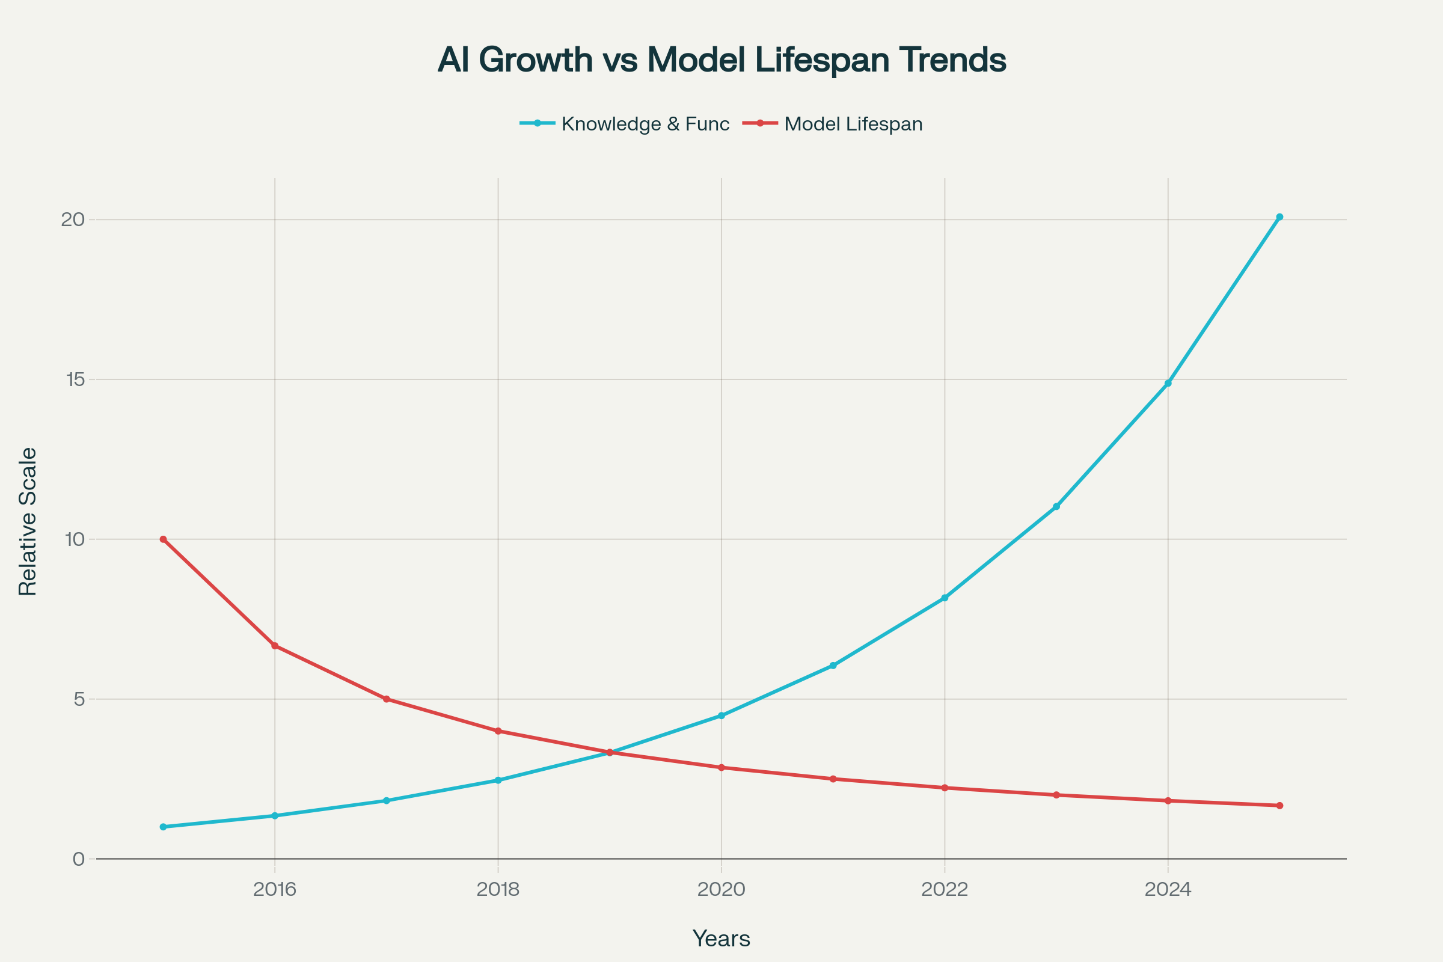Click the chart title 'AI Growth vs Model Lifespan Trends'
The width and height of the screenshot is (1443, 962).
(721, 60)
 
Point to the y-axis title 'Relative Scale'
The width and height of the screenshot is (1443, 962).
(28, 521)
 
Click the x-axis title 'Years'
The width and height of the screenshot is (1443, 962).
(721, 939)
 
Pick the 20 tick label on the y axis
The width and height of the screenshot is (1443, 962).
(72, 219)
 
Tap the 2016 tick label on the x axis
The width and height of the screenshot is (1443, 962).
(274, 890)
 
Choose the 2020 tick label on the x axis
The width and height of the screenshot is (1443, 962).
(721, 890)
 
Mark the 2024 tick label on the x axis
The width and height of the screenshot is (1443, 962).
(1168, 890)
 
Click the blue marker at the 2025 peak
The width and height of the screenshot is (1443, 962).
(1279, 217)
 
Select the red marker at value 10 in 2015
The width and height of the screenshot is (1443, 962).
(163, 539)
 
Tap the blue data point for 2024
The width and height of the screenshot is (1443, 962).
(1168, 384)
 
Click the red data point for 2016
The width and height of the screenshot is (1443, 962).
(275, 646)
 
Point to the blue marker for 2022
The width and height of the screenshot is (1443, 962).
(944, 598)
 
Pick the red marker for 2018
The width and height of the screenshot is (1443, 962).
(498, 731)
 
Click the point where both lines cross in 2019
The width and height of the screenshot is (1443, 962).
(609, 753)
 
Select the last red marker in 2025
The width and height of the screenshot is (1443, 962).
(1279, 806)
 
